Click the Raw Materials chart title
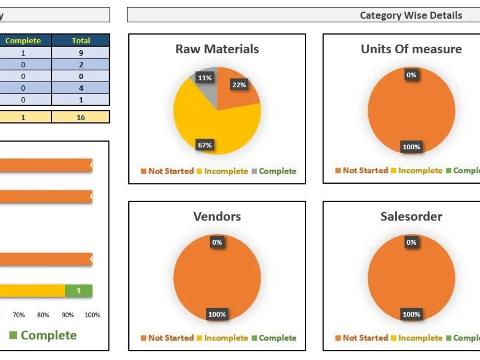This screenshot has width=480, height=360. [217, 49]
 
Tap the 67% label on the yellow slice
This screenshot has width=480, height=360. [204, 145]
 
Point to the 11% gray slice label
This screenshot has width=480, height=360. [204, 78]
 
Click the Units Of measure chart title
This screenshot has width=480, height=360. [411, 49]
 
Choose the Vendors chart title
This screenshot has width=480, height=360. [217, 216]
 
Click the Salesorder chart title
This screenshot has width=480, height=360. [411, 216]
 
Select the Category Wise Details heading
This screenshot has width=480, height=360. [411, 15]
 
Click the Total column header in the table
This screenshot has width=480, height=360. [81, 41]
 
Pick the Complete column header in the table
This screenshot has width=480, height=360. [23, 41]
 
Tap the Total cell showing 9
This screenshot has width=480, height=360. [81, 53]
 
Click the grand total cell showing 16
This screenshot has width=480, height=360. [81, 117]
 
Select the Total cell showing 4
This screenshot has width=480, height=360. [81, 88]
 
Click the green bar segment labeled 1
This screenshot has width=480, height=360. [79, 291]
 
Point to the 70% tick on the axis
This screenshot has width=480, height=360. [19, 315]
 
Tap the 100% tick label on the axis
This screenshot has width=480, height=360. [92, 315]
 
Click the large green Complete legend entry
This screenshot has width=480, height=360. [43, 335]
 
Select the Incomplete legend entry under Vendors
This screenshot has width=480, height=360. [225, 338]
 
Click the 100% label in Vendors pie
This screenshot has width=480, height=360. [217, 315]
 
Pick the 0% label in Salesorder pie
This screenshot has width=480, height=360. [411, 243]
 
